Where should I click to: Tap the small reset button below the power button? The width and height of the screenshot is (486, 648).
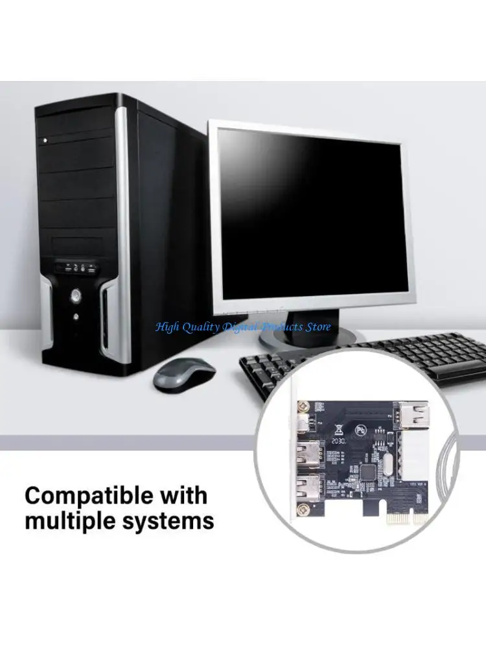tap(76, 317)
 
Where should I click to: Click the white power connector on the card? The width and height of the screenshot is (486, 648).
tap(414, 456)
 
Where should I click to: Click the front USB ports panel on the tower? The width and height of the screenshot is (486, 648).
tap(76, 266)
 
